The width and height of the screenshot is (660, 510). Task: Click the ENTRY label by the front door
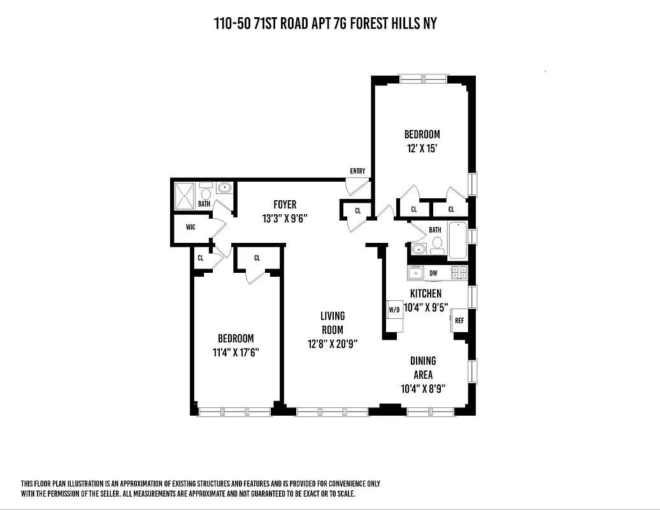click(357, 171)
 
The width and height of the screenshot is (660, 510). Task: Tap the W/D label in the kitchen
click(394, 310)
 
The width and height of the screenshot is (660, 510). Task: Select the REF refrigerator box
click(459, 321)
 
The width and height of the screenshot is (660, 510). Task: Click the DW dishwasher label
click(433, 273)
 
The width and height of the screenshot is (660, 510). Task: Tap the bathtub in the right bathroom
click(457, 240)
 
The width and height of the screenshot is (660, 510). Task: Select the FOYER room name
click(285, 205)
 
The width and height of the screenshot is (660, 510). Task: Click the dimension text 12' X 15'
click(422, 148)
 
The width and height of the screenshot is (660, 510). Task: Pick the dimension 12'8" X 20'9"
click(332, 344)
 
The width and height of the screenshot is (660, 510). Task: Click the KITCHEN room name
click(426, 294)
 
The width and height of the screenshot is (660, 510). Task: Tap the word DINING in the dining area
click(423, 361)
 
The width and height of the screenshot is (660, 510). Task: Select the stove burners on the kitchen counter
click(459, 273)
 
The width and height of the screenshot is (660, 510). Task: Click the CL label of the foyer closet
click(357, 210)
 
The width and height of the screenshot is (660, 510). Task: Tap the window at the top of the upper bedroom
click(422, 79)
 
